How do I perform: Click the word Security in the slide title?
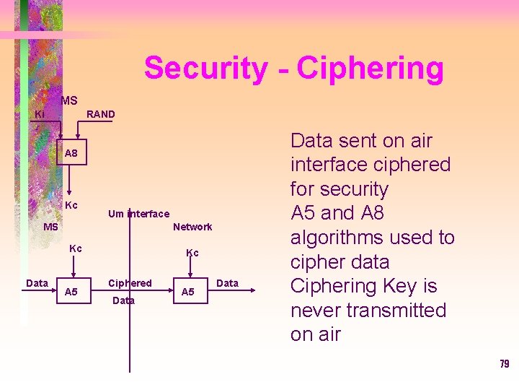(205, 69)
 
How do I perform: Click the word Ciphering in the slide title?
(370, 69)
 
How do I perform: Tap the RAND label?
(100, 114)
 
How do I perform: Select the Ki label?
(40, 114)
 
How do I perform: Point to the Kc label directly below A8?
(71, 206)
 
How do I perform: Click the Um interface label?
(138, 213)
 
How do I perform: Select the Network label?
(192, 227)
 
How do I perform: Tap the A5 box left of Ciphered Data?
(71, 292)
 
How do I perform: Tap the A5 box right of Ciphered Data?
(187, 292)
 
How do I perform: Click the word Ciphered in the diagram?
(130, 283)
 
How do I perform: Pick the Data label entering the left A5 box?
(37, 283)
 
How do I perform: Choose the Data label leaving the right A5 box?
(227, 283)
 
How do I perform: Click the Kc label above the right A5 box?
(192, 253)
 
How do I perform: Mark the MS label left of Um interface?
(50, 227)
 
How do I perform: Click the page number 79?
(504, 364)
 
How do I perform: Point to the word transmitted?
(399, 311)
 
